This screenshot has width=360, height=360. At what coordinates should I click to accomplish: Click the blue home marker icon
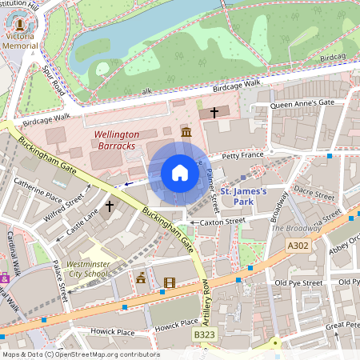(x=180, y=173)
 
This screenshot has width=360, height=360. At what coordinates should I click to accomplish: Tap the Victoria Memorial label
(x=21, y=41)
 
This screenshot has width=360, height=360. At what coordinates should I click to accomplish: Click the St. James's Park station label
(x=249, y=198)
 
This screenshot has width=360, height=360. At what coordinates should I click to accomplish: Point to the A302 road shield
(x=297, y=246)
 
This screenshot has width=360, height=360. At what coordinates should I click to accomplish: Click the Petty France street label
(x=242, y=156)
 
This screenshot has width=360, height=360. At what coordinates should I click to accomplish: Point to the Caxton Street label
(x=222, y=222)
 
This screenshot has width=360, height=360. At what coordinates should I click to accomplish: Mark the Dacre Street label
(x=313, y=193)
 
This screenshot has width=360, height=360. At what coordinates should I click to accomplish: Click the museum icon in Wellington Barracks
(x=186, y=131)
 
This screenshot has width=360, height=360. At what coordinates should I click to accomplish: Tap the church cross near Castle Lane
(x=109, y=206)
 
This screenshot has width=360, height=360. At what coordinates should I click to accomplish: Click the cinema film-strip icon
(x=169, y=282)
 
